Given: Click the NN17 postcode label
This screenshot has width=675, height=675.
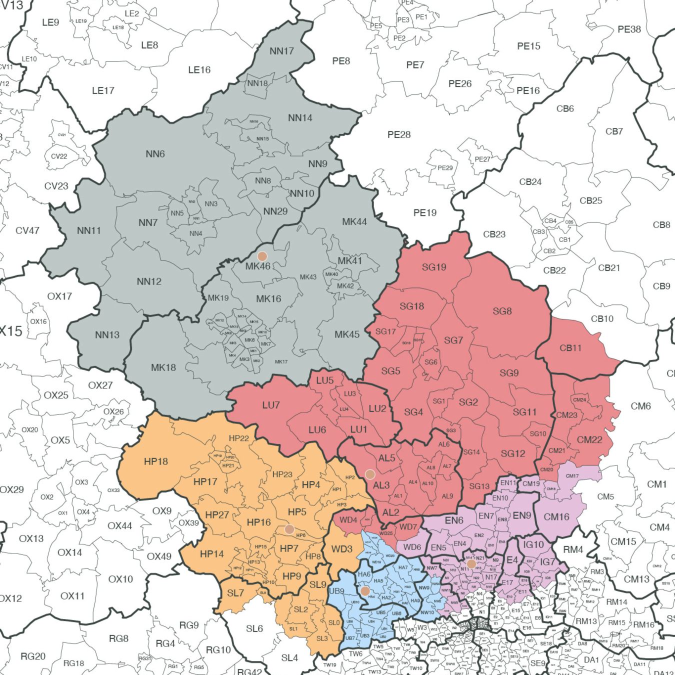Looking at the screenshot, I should pyautogui.click(x=281, y=51).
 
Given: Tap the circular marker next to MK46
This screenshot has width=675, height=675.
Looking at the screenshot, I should pyautogui.click(x=262, y=256).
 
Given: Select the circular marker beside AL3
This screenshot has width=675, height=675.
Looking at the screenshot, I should pyautogui.click(x=370, y=474).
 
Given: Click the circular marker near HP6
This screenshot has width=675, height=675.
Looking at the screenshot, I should pyautogui.click(x=289, y=529).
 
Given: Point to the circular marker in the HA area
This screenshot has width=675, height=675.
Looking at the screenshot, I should pyautogui.click(x=365, y=591).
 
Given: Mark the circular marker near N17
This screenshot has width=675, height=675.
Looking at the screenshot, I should pyautogui.click(x=471, y=564).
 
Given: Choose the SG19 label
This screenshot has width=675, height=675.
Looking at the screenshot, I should pyautogui.click(x=434, y=267).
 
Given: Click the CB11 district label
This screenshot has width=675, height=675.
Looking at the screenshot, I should pyautogui.click(x=570, y=348).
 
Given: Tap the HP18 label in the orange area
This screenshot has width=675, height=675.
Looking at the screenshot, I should pyautogui.click(x=156, y=461).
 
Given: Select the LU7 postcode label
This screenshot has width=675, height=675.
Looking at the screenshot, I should pyautogui.click(x=271, y=405).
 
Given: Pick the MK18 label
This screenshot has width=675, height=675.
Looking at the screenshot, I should pyautogui.click(x=163, y=367).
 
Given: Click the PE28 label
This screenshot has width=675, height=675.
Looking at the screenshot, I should pyautogui.click(x=399, y=134).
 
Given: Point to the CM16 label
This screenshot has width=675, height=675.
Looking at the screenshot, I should pyautogui.click(x=556, y=517).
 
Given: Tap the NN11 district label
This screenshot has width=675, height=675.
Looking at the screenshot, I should pyautogui.click(x=89, y=230).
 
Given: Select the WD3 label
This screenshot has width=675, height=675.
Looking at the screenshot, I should pyautogui.click(x=342, y=549).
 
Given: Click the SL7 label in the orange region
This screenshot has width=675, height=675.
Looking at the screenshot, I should pyautogui.click(x=235, y=593).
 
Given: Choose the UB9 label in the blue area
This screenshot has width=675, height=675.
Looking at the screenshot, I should pyautogui.click(x=336, y=591).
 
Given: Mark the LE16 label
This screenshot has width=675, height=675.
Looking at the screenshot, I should pyautogui.click(x=199, y=70).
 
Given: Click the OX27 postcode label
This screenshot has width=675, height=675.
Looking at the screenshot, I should pyautogui.click(x=100, y=385).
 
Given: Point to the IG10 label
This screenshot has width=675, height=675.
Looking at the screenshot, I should pyautogui.click(x=533, y=544).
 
